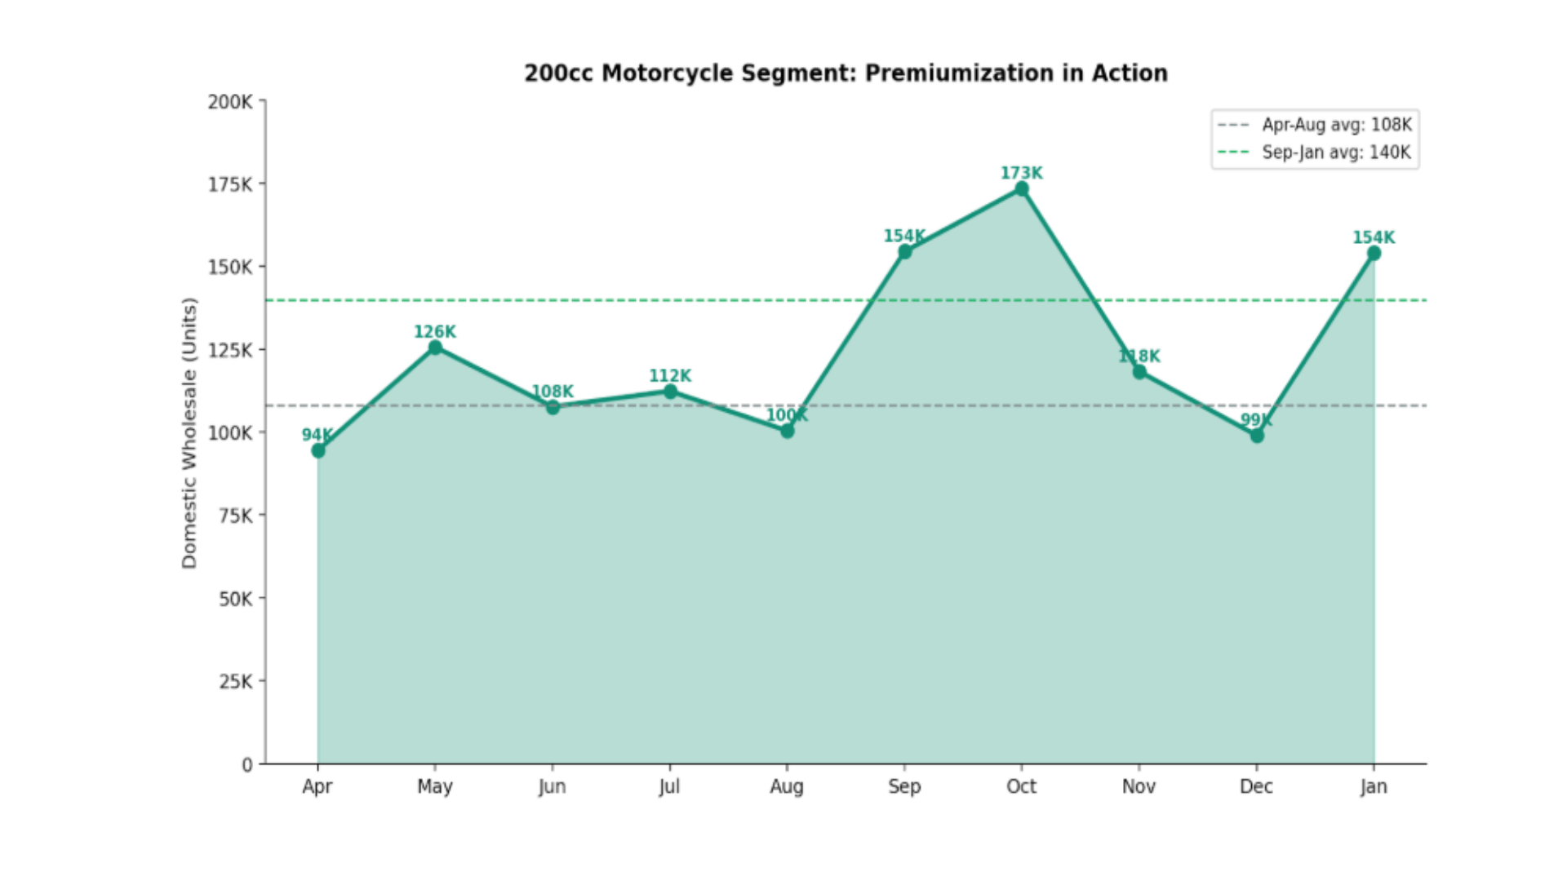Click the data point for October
click(x=1022, y=189)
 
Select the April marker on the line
click(x=318, y=450)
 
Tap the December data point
click(x=1257, y=436)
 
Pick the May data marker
click(x=435, y=348)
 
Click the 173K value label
click(x=1022, y=173)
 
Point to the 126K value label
click(x=435, y=332)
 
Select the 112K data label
click(x=670, y=376)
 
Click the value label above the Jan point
click(x=1374, y=237)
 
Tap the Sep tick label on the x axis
click(x=904, y=786)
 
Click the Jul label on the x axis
click(x=669, y=786)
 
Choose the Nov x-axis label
click(x=1139, y=786)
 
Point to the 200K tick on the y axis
click(x=230, y=102)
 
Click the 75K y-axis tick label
click(x=235, y=516)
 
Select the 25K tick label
click(x=235, y=681)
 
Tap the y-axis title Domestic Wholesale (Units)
click(x=189, y=432)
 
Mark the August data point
click(x=787, y=431)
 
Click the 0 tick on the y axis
click(x=246, y=765)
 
